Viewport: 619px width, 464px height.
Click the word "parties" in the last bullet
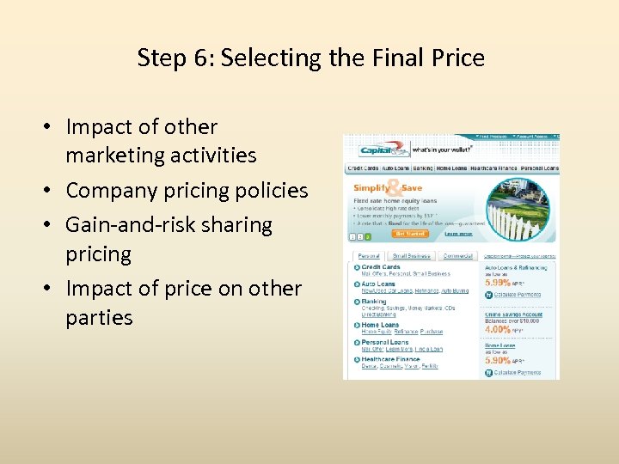pyautogui.click(x=99, y=317)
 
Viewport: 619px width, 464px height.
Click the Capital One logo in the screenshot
pyautogui.click(x=378, y=150)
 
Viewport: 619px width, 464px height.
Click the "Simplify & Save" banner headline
pyautogui.click(x=388, y=187)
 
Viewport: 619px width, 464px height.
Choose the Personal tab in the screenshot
pyautogui.click(x=368, y=256)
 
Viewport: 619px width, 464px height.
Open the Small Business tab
pyautogui.click(x=411, y=256)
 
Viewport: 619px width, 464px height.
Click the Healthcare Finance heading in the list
pyautogui.click(x=390, y=359)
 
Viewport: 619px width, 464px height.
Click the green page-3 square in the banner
pyautogui.click(x=368, y=236)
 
